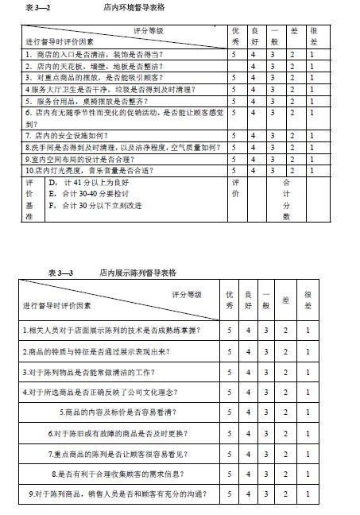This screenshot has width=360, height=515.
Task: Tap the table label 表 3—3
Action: click(61, 272)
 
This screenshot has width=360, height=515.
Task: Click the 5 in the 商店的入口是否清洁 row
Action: click(234, 55)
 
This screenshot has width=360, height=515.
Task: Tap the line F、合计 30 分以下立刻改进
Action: click(95, 205)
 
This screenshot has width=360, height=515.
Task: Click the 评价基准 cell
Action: click(29, 199)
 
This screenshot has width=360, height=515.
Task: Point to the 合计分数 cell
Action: click(287, 199)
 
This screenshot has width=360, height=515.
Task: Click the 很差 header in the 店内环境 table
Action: click(312, 36)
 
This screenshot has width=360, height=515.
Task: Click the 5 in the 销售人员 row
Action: click(230, 494)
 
